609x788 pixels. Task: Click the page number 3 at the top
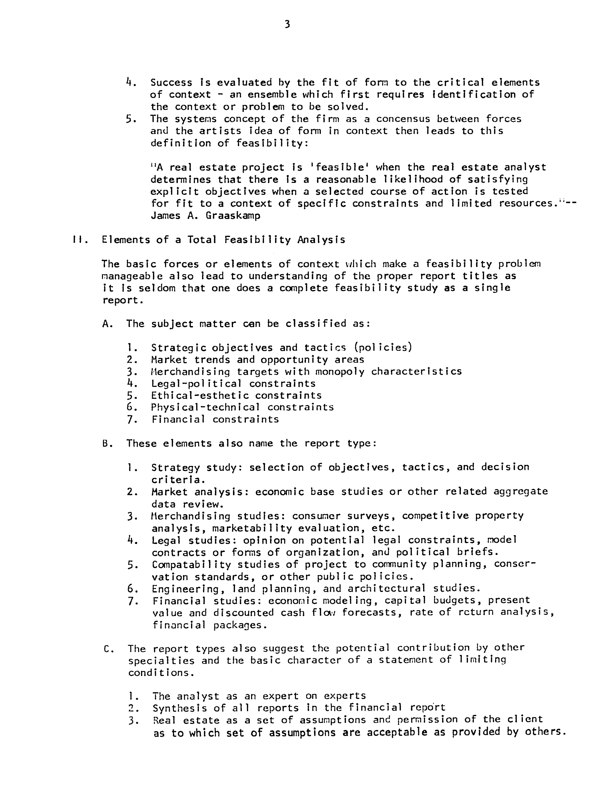point(287,24)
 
